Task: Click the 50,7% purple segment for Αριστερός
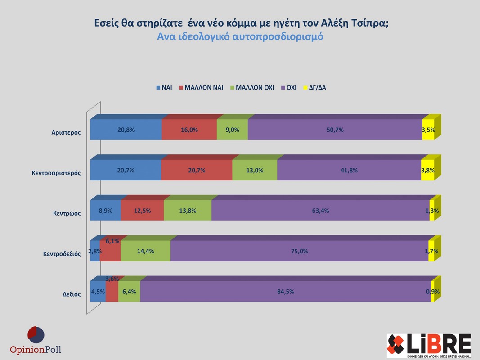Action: tap(335, 130)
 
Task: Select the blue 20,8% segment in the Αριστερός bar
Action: tap(126, 130)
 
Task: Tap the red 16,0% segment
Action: tap(189, 130)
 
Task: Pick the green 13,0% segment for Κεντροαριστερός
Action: tap(255, 170)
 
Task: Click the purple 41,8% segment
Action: tap(349, 170)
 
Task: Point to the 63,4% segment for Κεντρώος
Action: tap(320, 211)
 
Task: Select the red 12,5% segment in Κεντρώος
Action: tap(142, 211)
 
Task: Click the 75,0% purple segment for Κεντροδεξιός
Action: tap(299, 251)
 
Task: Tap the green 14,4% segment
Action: tap(145, 251)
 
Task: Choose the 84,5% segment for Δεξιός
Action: tap(285, 292)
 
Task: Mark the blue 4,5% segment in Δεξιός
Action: tap(98, 292)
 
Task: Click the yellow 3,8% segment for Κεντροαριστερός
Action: tap(427, 170)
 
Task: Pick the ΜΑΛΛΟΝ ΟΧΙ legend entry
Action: tap(251, 88)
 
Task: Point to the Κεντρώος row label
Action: tap(67, 213)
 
